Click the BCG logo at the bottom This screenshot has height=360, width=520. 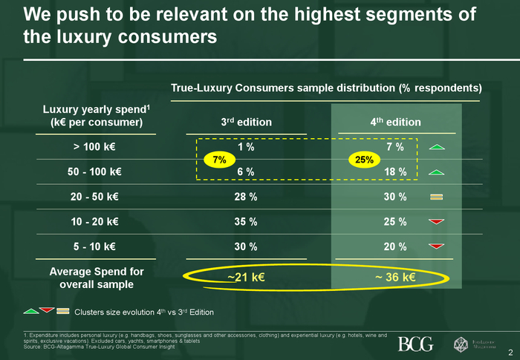[415, 344]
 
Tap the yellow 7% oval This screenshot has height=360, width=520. [219, 160]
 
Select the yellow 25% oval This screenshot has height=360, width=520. [364, 160]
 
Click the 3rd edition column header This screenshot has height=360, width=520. [247, 122]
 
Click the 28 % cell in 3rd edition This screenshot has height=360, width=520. [247, 197]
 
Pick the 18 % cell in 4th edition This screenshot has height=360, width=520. [395, 172]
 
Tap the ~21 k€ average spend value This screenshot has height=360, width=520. [246, 278]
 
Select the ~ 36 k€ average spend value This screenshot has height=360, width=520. [394, 278]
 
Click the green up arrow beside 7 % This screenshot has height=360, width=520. [437, 147]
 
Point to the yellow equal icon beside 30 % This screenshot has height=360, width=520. [437, 197]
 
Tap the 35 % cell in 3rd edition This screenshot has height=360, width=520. [247, 221]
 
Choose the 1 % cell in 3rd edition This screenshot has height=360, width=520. [247, 147]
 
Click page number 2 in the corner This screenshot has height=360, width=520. [510, 352]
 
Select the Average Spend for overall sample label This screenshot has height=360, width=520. [97, 278]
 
